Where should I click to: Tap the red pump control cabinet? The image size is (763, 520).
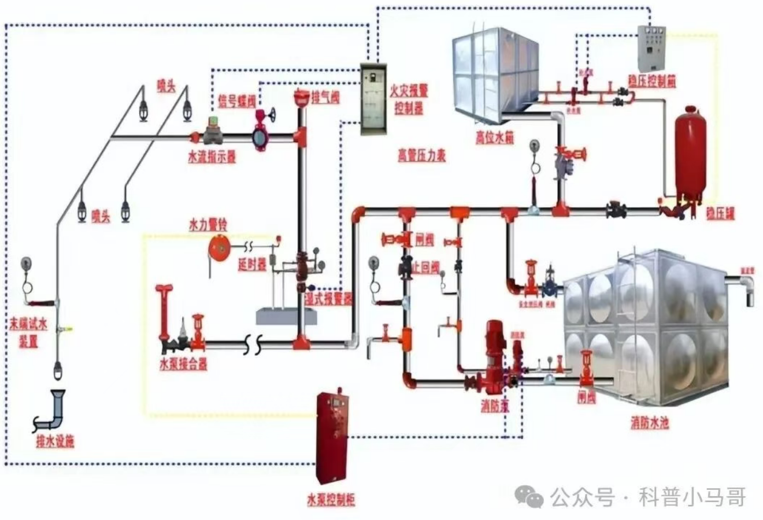click(x=332, y=439)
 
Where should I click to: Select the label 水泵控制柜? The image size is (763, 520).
click(x=331, y=499)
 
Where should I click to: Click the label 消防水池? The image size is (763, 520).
click(x=649, y=423)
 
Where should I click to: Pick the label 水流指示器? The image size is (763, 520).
click(x=212, y=157)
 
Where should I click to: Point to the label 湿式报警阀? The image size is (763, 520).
click(x=328, y=298)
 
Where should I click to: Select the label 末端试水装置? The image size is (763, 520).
click(x=24, y=331)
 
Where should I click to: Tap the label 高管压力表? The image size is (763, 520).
click(x=422, y=155)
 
